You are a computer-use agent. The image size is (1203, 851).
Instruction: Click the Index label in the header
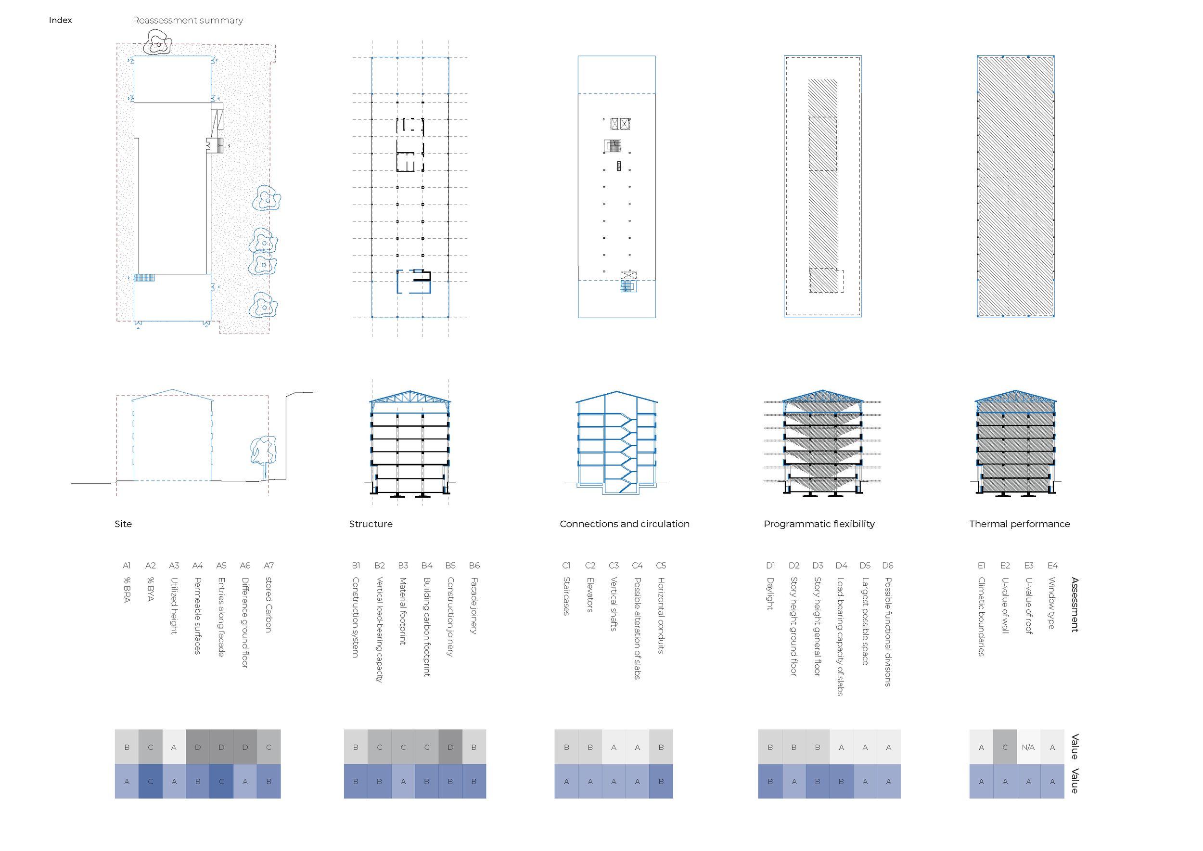(60, 20)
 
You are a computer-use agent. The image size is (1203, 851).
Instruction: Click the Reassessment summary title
(188, 20)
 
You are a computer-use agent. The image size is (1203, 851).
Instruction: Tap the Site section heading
(123, 524)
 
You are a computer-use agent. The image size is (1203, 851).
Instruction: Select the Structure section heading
(371, 524)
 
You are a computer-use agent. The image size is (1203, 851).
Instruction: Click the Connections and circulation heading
(624, 524)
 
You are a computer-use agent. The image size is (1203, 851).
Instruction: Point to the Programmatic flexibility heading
(819, 524)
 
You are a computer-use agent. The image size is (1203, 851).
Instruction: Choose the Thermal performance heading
(1019, 524)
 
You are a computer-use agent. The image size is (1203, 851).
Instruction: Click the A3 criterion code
(174, 566)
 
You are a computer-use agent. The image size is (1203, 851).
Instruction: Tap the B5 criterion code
(450, 566)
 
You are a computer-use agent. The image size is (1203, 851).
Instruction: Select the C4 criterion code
(637, 566)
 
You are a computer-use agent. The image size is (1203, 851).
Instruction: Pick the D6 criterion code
(888, 566)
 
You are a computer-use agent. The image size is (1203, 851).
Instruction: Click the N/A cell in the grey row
(1028, 747)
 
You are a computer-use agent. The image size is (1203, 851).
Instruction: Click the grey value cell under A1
(127, 747)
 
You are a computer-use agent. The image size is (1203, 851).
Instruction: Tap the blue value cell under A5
(221, 781)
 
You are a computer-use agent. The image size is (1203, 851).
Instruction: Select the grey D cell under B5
(450, 747)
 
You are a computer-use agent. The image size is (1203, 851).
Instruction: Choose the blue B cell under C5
(661, 781)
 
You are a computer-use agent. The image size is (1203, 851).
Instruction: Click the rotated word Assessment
(1075, 605)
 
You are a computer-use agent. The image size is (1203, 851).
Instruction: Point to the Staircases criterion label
(566, 596)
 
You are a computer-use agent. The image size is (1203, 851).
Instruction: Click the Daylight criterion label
(770, 593)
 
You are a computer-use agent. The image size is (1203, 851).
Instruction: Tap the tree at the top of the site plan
(158, 43)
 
